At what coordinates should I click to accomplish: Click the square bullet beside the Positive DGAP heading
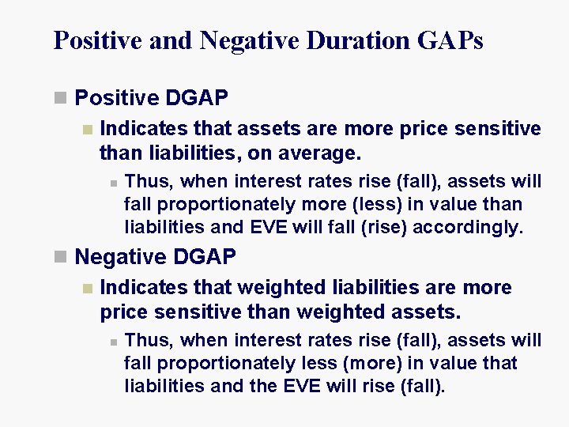(x=60, y=98)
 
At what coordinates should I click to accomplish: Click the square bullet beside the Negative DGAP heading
(x=60, y=257)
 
